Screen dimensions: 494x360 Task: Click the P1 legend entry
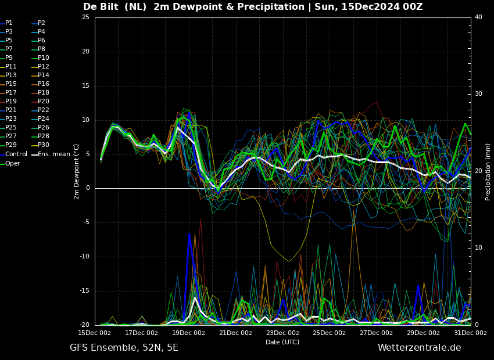6,23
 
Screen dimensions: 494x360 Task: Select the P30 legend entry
40,145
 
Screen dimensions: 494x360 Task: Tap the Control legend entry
13,154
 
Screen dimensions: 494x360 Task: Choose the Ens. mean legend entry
51,154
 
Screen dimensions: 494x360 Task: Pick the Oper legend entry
10,163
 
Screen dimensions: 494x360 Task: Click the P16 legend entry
40,84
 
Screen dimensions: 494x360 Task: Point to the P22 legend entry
40,110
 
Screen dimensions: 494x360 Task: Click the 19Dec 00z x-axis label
189,333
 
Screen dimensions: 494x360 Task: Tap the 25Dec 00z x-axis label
330,333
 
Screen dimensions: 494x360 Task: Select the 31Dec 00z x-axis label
470,333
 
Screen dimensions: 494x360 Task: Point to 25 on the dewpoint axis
85,17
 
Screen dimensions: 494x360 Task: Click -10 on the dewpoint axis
84,257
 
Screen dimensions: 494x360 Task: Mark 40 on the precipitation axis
478,17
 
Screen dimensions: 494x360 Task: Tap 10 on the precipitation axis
478,248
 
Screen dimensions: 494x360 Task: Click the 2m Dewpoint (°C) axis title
76,172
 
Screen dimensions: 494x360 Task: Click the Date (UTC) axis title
282,342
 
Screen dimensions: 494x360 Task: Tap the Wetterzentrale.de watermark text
420,348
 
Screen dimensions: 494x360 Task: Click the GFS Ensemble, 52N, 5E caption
124,348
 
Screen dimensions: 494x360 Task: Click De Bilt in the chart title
101,6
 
